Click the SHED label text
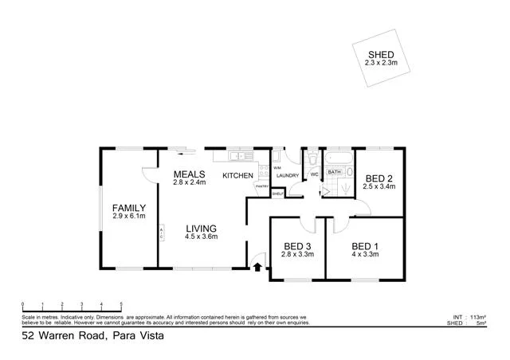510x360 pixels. (380, 54)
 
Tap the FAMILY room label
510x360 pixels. (128, 208)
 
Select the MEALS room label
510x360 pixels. (190, 174)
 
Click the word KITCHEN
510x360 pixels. (237, 175)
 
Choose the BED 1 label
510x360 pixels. (364, 245)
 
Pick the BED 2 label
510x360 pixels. (379, 178)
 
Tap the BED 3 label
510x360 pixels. (297, 245)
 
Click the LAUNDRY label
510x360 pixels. (288, 175)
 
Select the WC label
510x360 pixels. (314, 174)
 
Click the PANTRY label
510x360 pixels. (261, 186)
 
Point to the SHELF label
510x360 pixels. (278, 194)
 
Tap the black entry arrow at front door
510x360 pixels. (258, 267)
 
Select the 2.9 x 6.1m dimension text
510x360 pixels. (128, 216)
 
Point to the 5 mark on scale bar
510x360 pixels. (121, 304)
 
